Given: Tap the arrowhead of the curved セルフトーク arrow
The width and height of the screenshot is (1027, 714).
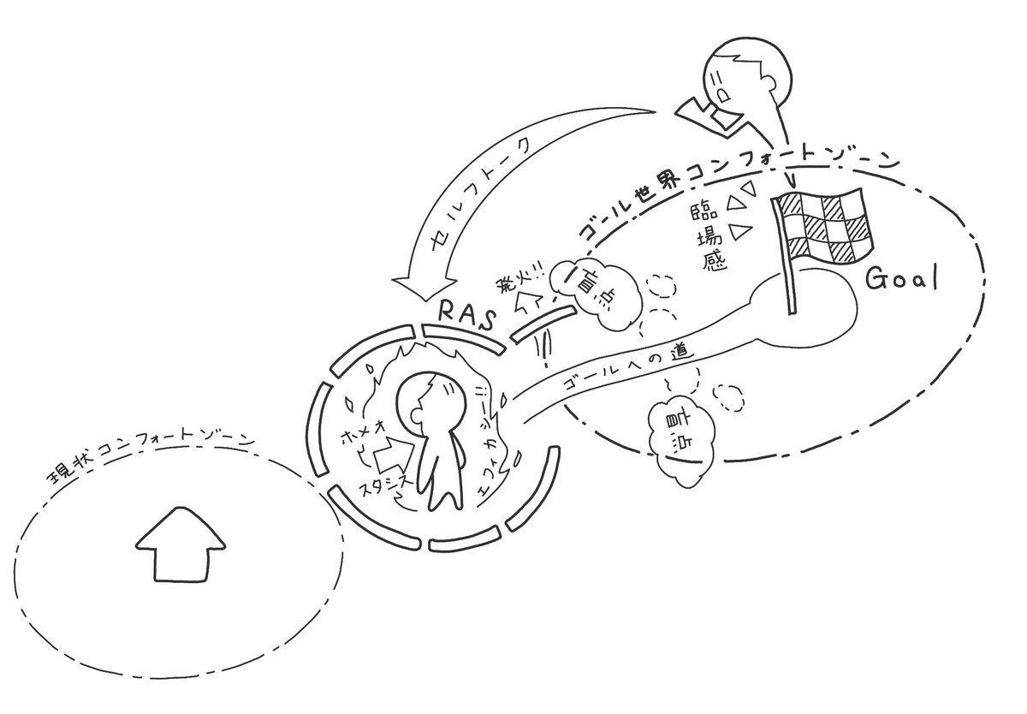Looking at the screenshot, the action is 414,287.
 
